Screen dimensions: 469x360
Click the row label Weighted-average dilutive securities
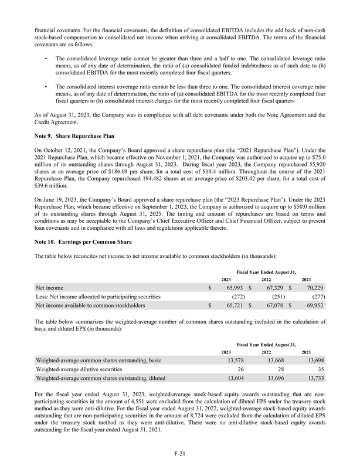click(x=79, y=369)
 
